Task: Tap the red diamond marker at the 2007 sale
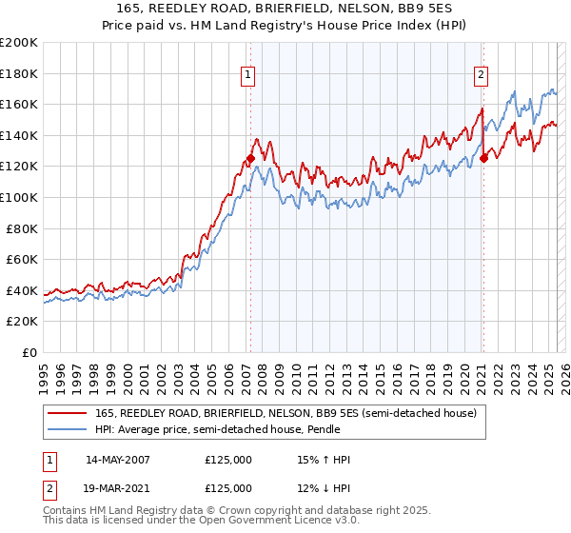click(x=250, y=159)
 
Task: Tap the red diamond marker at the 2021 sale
click(x=483, y=159)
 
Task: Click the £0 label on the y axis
click(x=30, y=352)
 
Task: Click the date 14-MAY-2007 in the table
click(x=119, y=460)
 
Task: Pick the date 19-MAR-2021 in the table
click(x=119, y=488)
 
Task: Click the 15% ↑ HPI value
click(x=324, y=460)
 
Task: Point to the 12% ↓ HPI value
click(x=324, y=488)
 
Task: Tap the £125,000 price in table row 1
click(x=228, y=460)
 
